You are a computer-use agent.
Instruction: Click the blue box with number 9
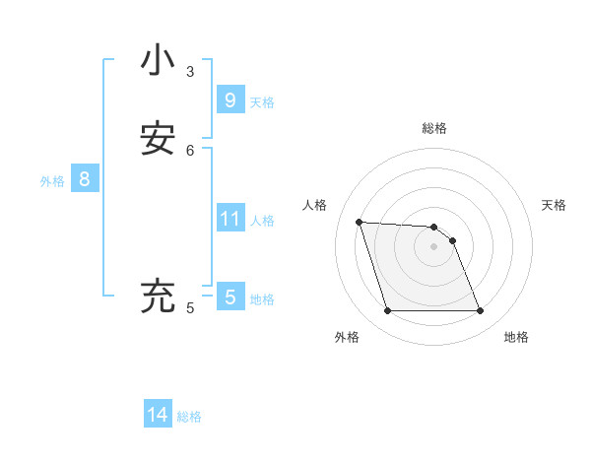tap(230, 99)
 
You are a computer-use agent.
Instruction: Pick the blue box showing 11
tap(230, 218)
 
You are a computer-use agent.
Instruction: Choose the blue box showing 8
tap(85, 179)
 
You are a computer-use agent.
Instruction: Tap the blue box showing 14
tap(158, 415)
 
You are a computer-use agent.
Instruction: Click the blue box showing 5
tap(230, 297)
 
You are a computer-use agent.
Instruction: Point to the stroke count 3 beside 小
tap(190, 72)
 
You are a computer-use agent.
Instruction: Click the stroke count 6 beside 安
tap(190, 150)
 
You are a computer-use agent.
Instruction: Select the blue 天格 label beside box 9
tap(262, 102)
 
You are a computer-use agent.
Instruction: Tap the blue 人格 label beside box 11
tap(262, 221)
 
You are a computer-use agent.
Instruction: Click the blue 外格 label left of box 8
tap(52, 181)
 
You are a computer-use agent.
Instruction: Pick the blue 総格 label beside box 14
tap(189, 418)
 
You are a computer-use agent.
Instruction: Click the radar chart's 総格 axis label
tap(434, 128)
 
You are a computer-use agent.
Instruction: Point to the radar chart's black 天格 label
tap(555, 205)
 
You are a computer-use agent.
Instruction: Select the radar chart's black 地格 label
tap(516, 337)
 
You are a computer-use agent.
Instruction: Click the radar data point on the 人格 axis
tap(359, 222)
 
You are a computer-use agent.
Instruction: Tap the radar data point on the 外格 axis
tap(387, 311)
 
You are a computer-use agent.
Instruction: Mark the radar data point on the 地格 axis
tap(480, 311)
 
